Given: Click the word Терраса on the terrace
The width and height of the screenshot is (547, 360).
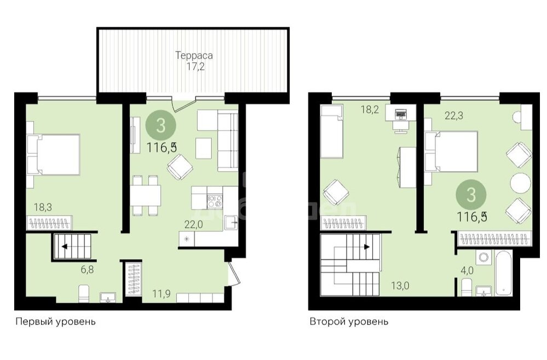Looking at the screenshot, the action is pos(194,55).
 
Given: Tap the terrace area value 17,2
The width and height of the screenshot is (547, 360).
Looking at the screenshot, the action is pos(195,67).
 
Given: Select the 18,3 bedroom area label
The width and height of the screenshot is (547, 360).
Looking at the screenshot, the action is pos(43,207).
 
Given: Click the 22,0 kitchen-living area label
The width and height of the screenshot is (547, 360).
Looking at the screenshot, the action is pos(194,224).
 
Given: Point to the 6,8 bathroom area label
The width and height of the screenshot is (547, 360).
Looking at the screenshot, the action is pos(87,269).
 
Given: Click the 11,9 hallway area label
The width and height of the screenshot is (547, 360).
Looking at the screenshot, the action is pos(161,294).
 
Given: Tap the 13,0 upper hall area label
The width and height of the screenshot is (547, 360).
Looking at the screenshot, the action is pos(400,286).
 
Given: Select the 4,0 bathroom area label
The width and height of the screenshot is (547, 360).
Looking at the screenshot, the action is pos(467,271).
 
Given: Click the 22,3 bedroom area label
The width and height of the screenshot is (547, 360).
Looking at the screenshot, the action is pos(454,115).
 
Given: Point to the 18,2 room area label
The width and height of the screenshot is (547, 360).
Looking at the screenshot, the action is pos(370,110).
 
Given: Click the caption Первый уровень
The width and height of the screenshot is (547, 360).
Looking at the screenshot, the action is pos(55,321).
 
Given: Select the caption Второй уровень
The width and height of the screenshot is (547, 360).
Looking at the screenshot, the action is pos(349,321).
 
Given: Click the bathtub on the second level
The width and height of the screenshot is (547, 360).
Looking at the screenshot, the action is pos(503,273).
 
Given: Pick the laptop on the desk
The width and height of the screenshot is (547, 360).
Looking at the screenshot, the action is pos(400,113).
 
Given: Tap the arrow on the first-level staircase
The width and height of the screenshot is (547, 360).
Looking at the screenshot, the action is pos(65,247).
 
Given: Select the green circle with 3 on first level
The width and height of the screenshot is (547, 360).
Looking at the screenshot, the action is pos(161,125).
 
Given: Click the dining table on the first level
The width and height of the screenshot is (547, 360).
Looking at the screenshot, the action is pos(146,195).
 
